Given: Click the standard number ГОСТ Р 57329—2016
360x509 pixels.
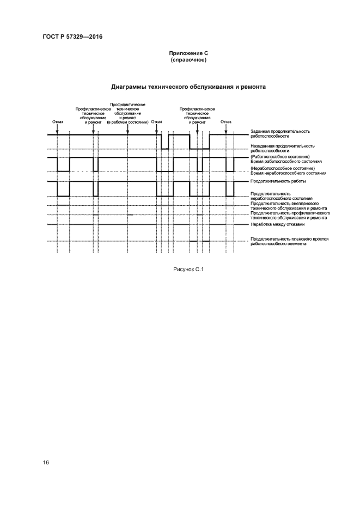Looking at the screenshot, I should coord(72,37).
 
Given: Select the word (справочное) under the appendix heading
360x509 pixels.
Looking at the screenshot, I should coord(190,60).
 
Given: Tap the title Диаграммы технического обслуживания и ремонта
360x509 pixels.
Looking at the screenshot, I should coord(188,86).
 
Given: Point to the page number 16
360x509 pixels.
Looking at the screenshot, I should coord(46,462).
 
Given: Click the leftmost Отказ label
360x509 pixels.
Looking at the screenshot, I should coord(58,122).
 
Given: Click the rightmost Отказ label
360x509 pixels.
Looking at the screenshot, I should coord(226,122).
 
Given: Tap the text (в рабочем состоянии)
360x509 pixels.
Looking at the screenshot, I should coord(127,122).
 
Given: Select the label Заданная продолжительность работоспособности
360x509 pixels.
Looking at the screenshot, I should coord(280,134).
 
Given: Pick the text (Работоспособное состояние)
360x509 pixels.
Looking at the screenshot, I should coord(280,157).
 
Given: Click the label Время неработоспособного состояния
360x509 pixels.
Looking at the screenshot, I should coord(288,173).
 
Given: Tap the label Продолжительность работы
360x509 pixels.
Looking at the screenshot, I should coord(278,181).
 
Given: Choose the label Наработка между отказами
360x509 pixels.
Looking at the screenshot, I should coord(277,224).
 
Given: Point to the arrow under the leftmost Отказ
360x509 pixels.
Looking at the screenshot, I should coord(58,129).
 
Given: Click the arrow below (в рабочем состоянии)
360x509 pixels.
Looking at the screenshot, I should coord(127,129).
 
